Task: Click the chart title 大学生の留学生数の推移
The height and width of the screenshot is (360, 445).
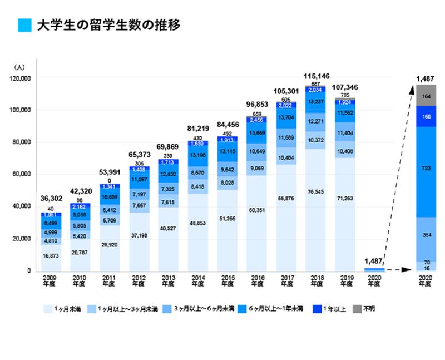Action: (x=108, y=26)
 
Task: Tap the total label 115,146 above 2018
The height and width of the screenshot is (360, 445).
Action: (x=317, y=75)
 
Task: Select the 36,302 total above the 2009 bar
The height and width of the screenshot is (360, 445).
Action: (x=51, y=199)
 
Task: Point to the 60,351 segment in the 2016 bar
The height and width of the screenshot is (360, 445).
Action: (x=257, y=210)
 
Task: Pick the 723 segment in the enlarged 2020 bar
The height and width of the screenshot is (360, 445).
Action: (x=425, y=167)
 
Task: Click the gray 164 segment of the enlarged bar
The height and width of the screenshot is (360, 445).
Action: (x=425, y=96)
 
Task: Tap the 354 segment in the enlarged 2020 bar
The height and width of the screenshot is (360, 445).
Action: (x=425, y=235)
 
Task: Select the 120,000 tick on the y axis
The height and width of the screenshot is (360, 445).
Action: (x=23, y=78)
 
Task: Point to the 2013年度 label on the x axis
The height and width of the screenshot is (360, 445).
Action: (x=167, y=280)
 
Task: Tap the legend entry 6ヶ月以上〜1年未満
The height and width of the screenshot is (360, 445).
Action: (x=267, y=308)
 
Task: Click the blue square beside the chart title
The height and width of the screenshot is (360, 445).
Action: (x=24, y=26)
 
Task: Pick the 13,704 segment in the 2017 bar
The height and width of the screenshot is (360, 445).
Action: (x=287, y=117)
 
